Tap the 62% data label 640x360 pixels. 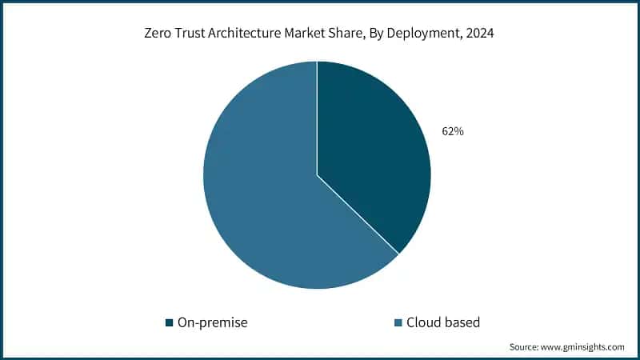point(453,131)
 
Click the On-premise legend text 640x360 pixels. point(212,322)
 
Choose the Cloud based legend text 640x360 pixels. point(443,322)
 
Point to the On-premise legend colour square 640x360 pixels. point(169,323)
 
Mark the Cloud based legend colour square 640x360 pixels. point(398,323)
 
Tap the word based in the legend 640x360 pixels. point(462,322)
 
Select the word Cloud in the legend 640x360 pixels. point(423,322)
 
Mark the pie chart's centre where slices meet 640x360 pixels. point(317,174)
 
